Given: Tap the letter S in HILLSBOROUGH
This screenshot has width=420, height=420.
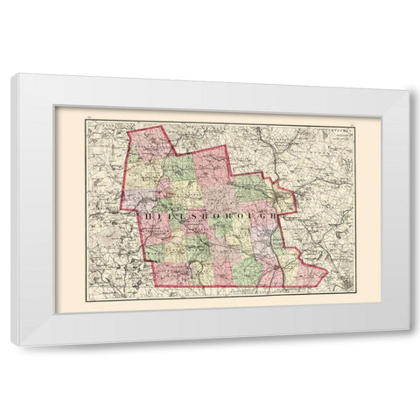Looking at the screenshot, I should [x=185, y=212].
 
